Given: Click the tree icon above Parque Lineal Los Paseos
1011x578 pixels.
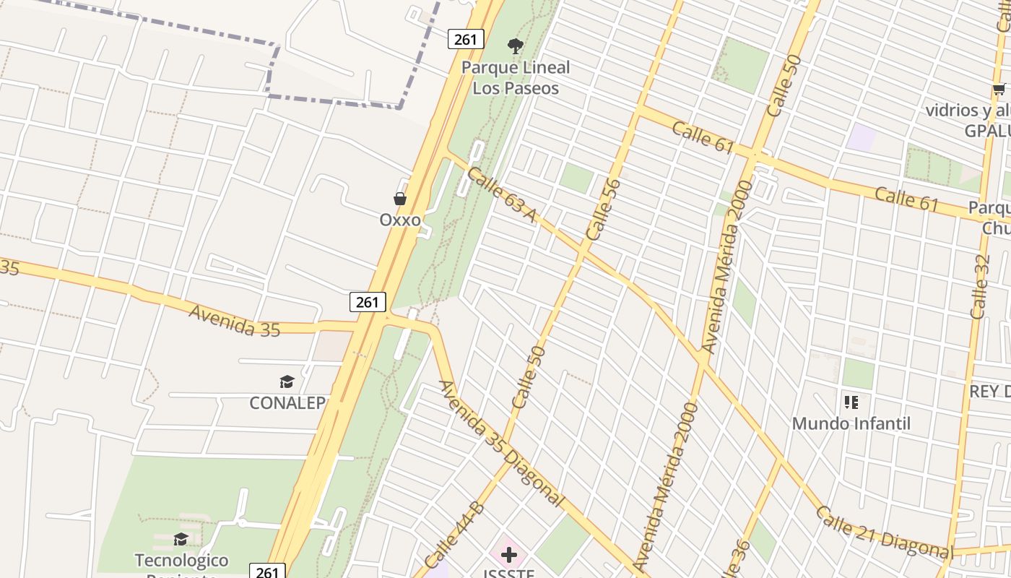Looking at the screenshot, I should click(x=515, y=46).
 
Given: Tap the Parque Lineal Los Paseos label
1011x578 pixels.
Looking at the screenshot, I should click(x=516, y=78).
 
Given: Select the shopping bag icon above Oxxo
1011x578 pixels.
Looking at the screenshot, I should click(x=399, y=199).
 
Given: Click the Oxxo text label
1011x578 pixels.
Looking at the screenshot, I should click(x=400, y=220).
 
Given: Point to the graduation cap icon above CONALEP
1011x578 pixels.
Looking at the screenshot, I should click(x=287, y=381).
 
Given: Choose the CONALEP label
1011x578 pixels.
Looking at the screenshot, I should click(x=287, y=403).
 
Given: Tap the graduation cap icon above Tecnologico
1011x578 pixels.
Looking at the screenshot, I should click(x=181, y=539).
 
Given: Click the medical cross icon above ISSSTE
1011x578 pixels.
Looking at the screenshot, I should click(x=509, y=555).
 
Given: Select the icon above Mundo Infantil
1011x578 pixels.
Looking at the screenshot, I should click(x=851, y=402).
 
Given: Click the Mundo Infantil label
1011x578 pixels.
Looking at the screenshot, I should click(x=851, y=423).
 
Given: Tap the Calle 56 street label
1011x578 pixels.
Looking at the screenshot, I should click(x=604, y=210).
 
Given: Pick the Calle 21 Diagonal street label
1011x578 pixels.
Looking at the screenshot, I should click(x=884, y=532).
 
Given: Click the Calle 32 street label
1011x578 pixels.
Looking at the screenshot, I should click(x=980, y=287).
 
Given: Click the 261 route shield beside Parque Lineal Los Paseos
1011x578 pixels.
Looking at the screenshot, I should click(x=466, y=39).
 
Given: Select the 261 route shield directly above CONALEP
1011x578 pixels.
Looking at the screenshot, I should click(x=368, y=302).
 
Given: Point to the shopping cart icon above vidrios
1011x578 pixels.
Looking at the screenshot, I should click(x=999, y=90).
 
